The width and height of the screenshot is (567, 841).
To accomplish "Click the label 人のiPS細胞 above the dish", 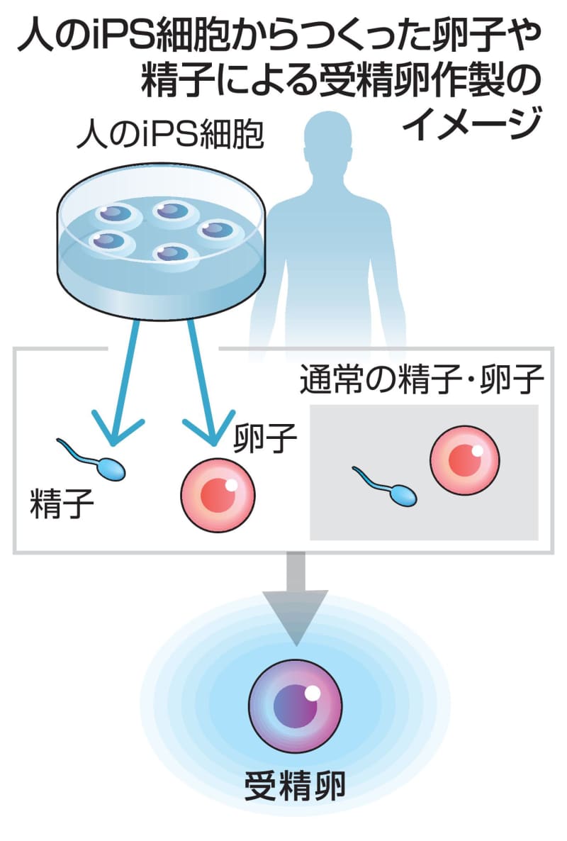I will pos(170,134).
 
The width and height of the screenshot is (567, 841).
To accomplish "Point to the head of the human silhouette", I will pos(329,142).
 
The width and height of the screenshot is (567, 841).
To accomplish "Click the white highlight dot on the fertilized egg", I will pos(313,692).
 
